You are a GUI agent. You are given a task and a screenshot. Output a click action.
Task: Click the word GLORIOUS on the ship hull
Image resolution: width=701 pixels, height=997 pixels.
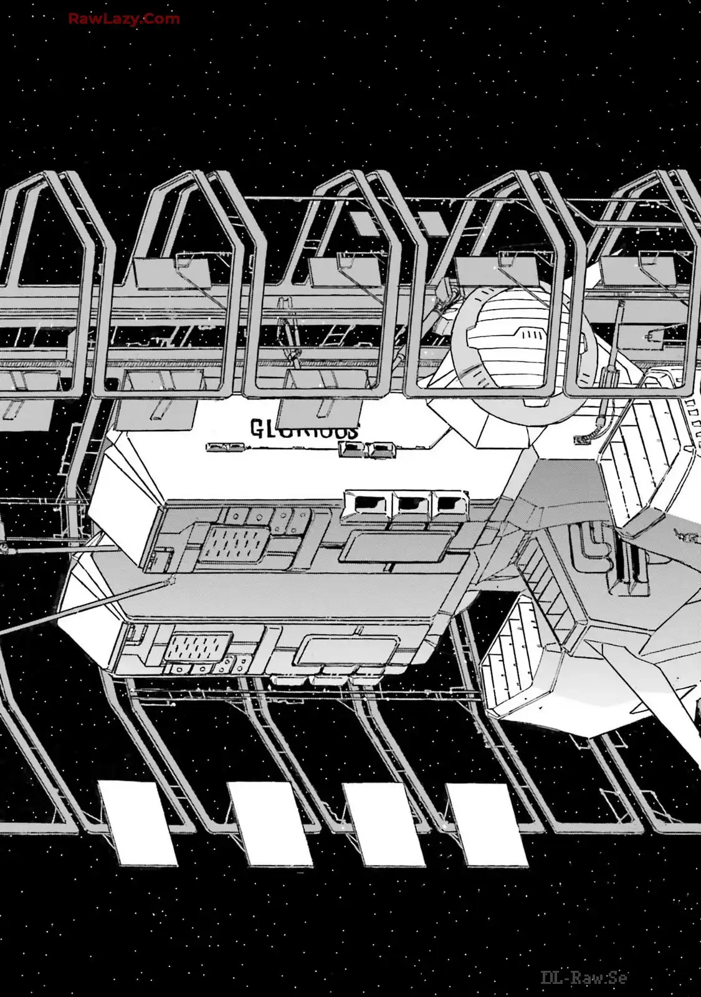coord(305,430)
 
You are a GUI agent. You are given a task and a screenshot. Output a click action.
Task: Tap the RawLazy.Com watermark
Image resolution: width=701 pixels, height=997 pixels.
coord(124,19)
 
